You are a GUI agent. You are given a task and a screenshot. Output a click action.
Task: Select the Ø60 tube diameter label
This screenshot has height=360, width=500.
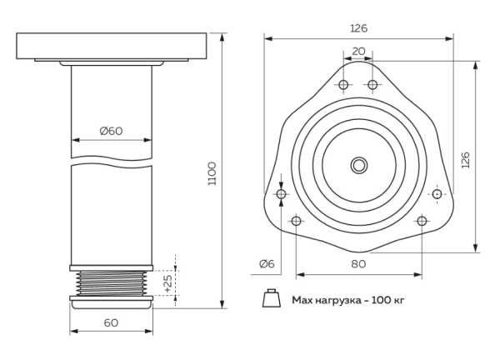pyautogui.click(x=111, y=130)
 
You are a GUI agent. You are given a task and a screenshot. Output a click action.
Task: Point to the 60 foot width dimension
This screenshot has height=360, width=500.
pyautogui.click(x=111, y=322)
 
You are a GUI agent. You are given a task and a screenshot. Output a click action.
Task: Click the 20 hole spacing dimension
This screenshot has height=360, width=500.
pyautogui.click(x=358, y=51)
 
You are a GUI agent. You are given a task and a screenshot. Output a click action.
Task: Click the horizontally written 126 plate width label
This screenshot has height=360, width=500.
pyautogui.click(x=358, y=28)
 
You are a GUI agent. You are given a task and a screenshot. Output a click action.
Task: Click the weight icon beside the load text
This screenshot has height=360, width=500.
pyautogui.click(x=271, y=298)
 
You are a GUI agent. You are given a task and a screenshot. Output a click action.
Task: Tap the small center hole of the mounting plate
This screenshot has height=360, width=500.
pyautogui.click(x=358, y=164)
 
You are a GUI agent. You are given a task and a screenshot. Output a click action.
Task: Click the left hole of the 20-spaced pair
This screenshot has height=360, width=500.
pyautogui.click(x=343, y=85)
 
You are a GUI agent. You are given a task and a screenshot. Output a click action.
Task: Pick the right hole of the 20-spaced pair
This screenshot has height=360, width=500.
pyautogui.click(x=373, y=85)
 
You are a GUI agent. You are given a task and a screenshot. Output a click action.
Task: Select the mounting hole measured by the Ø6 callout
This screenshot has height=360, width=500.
pyautogui.click(x=281, y=194)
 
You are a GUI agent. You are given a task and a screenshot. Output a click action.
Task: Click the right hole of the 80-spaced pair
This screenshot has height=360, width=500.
pyautogui.click(x=422, y=221)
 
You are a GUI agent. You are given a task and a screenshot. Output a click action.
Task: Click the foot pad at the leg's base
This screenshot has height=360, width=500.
pyautogui.click(x=111, y=303)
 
